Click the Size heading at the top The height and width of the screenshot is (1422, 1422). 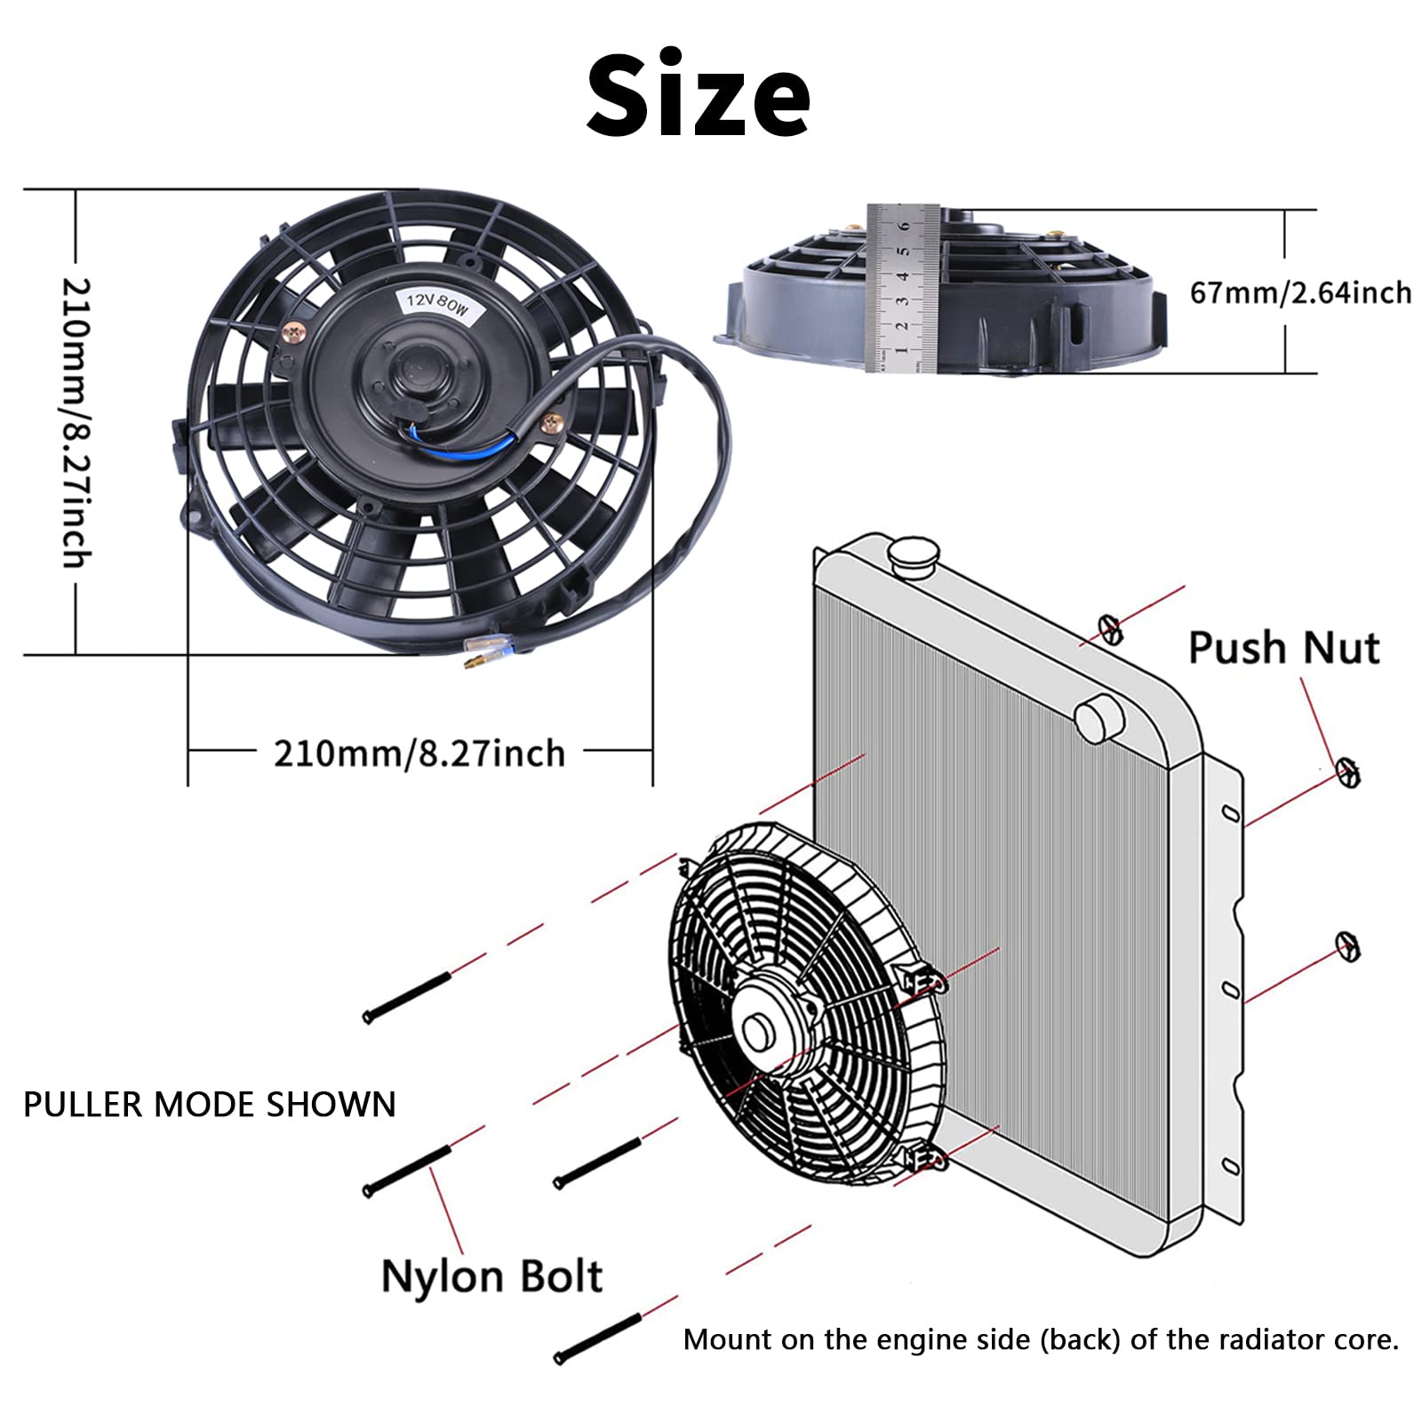[698, 95]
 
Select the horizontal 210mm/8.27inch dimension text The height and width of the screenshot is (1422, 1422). [419, 754]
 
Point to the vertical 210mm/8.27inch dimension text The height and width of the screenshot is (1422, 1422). [76, 422]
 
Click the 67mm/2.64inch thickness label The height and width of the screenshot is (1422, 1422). [1300, 292]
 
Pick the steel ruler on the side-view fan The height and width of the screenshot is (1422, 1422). [903, 288]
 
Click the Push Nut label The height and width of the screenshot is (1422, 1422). [1283, 648]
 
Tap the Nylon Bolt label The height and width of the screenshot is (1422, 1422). [491, 1277]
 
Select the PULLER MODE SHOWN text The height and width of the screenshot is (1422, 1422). [210, 1105]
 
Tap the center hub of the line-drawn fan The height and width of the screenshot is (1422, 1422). [757, 1031]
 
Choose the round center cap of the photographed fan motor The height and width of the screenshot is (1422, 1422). [415, 366]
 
